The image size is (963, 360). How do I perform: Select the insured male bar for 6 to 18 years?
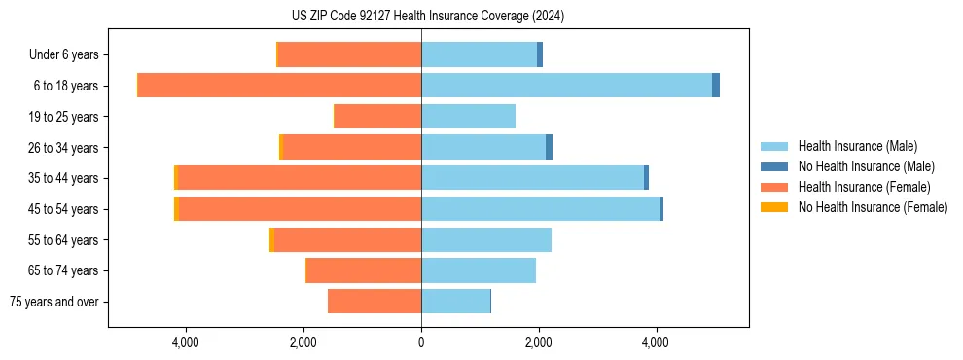pos(566,86)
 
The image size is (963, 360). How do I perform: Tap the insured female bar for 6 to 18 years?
pos(279,86)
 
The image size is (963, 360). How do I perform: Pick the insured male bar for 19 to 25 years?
pos(468,117)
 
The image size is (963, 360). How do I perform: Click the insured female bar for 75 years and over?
pos(374,302)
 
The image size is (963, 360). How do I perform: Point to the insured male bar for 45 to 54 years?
pos(541,209)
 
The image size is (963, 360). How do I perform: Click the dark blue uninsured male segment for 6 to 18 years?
pos(716,86)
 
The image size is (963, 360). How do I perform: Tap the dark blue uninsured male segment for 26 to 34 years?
pos(549,147)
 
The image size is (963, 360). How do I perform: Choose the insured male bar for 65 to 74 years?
pos(479,270)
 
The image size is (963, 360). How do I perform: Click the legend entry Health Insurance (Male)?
pos(856,146)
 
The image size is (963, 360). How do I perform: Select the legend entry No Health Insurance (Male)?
pos(865,166)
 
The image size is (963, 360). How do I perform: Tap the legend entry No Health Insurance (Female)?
pos(872,207)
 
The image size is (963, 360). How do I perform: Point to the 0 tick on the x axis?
pos(421,342)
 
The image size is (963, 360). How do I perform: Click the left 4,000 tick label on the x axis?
pos(185,342)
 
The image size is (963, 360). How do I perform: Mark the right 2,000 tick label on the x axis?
pos(539,342)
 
